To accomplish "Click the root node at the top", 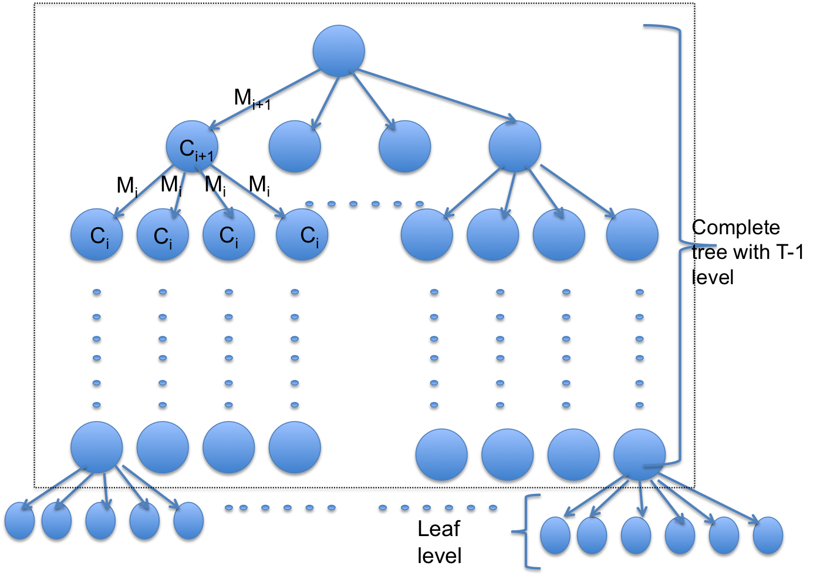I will point(339,52).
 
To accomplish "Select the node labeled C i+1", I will point(193,148).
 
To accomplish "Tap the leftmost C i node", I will point(97,236).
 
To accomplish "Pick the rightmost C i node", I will point(303,236).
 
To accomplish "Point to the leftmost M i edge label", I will point(127,186).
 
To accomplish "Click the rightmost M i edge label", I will point(259,185).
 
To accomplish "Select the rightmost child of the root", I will point(515,147).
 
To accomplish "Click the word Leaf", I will point(438,530).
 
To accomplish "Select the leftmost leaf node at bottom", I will point(19,521).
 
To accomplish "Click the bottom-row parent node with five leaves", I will point(97,447).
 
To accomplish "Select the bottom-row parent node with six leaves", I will point(639,455).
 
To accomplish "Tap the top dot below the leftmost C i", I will point(97,293).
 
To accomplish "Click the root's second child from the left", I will point(295,148).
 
